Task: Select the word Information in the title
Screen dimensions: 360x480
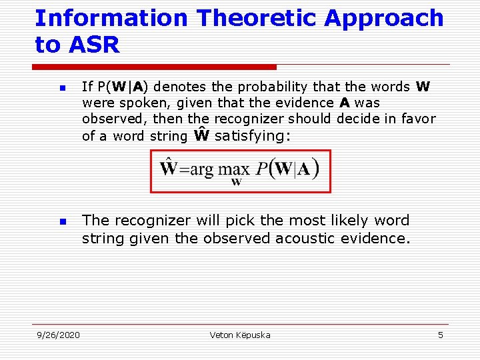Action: pos(111,18)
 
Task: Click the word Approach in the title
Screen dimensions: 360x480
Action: pos(384,18)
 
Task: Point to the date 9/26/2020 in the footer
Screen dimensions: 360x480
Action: pos(58,335)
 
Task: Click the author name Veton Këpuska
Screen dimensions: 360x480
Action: pos(240,335)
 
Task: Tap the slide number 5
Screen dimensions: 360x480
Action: pos(440,335)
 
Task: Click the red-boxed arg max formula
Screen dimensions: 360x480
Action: pos(240,171)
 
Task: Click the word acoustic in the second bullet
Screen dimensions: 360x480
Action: pos(309,239)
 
